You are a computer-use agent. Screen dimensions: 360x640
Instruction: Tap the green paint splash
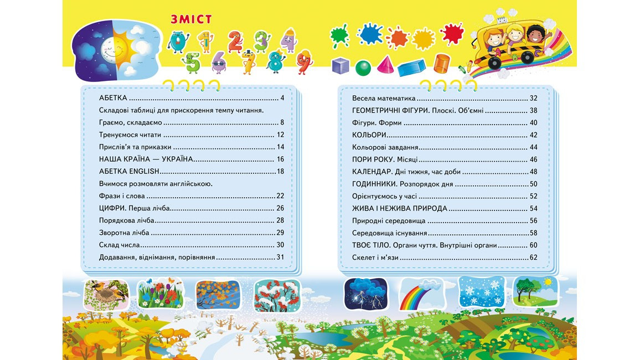point(339,35)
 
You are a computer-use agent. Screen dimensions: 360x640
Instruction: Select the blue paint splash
point(370,34)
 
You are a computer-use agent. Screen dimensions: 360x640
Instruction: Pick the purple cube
point(340,66)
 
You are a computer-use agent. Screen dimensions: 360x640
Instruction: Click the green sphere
point(363,68)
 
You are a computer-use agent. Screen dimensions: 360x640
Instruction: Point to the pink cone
point(385,65)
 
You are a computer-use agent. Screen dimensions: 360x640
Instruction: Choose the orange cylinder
point(441,63)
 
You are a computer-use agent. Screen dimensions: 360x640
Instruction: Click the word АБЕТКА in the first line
point(113,98)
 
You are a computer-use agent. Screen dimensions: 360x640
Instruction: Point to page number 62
point(533,258)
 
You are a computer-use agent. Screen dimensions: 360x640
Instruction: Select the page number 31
point(280,257)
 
